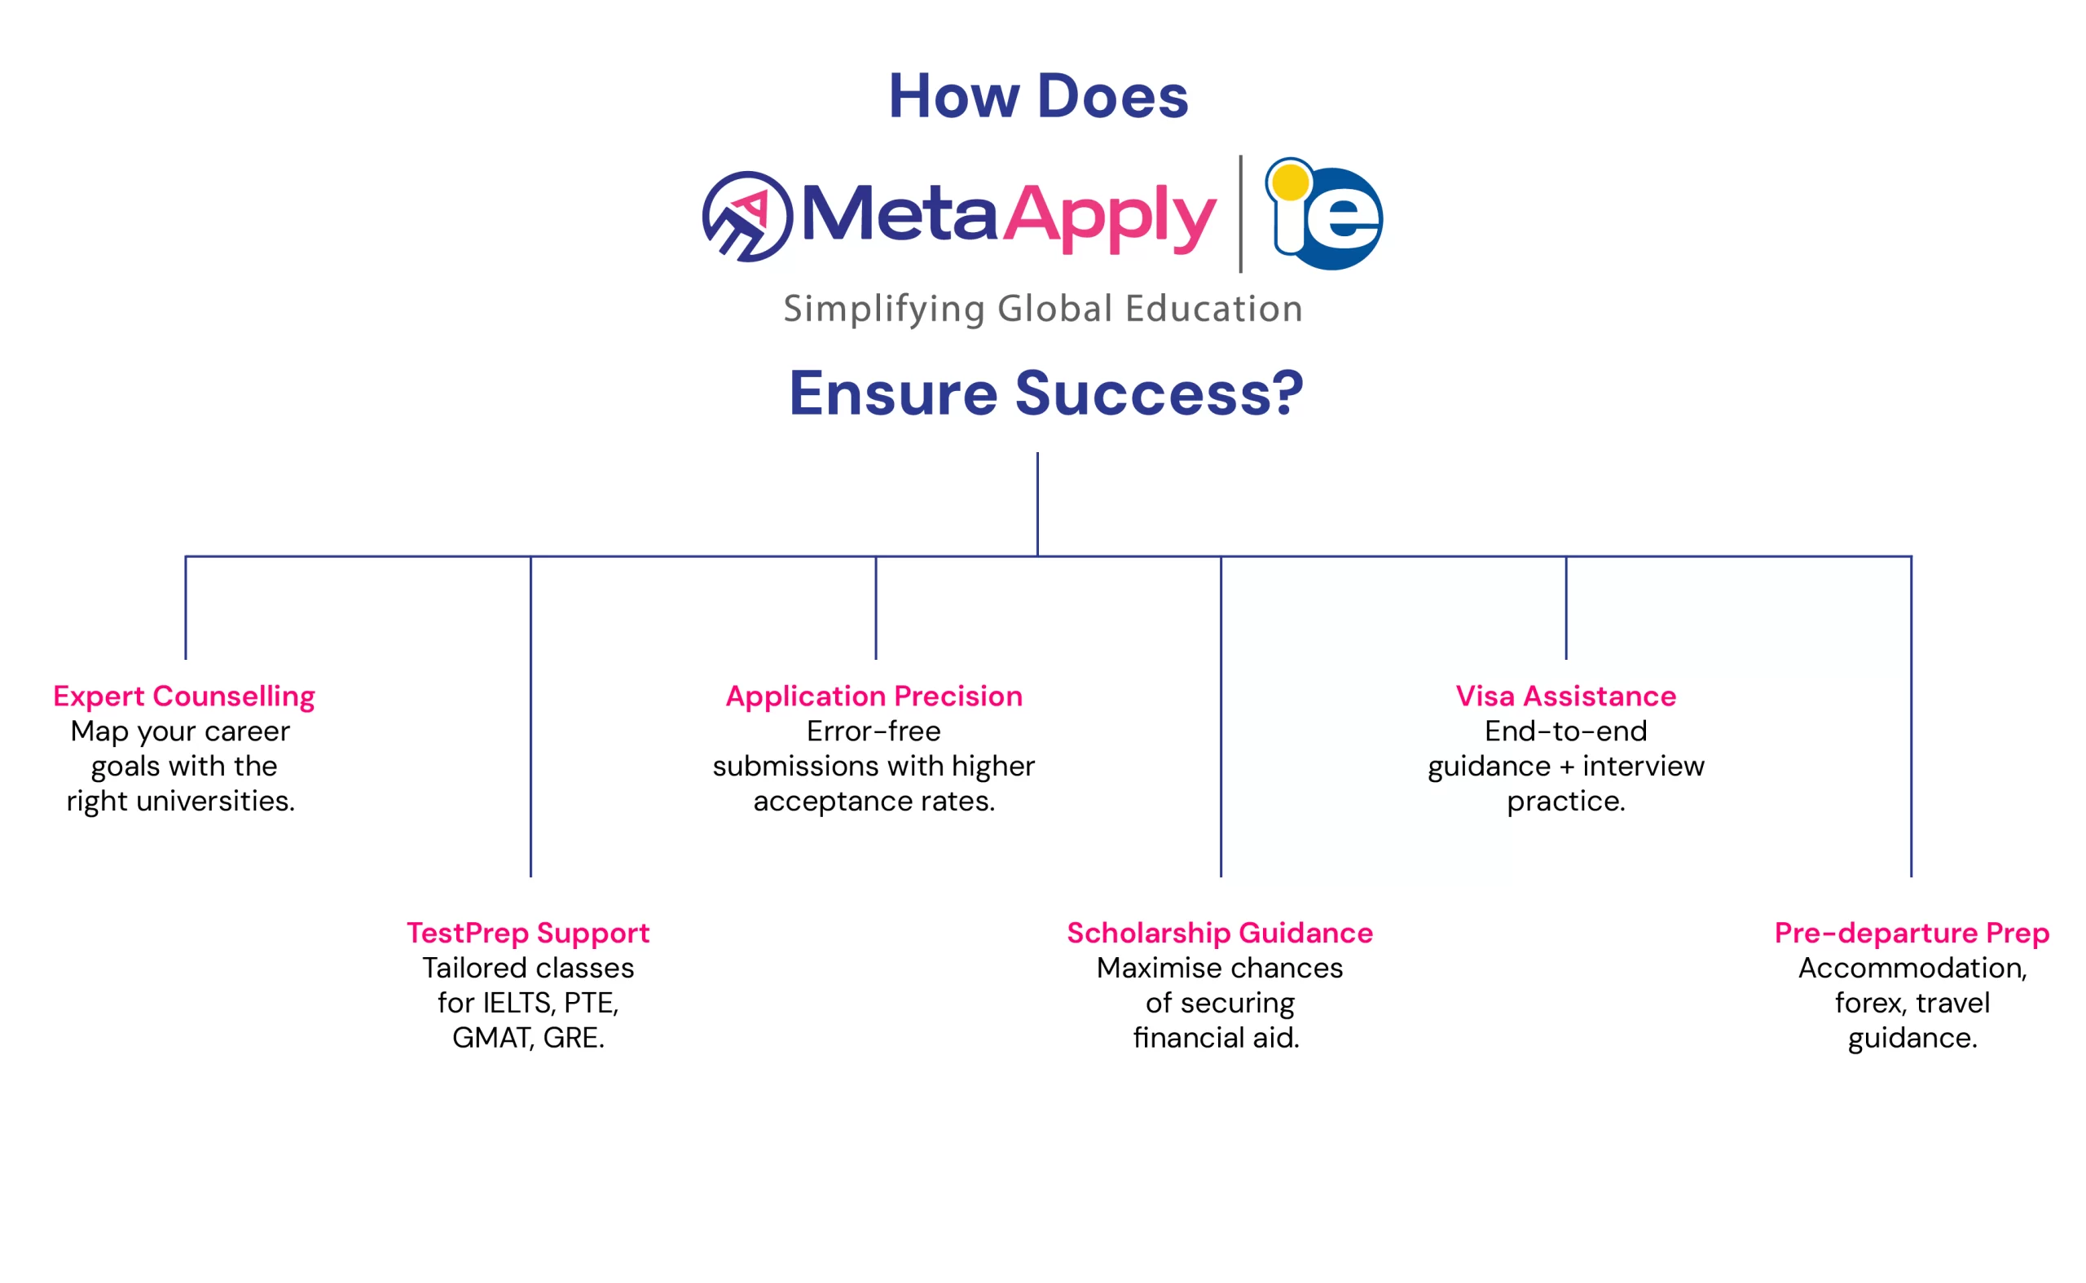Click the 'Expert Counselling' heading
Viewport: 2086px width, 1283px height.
pyautogui.click(x=184, y=696)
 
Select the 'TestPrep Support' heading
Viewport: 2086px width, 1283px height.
pyautogui.click(x=528, y=934)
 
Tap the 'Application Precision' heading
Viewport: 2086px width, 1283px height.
pyautogui.click(x=874, y=696)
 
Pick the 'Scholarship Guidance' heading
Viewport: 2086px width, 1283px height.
pyautogui.click(x=1220, y=934)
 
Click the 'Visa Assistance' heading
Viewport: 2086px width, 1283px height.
pyautogui.click(x=1566, y=696)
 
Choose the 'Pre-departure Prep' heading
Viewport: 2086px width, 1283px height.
pyautogui.click(x=1912, y=934)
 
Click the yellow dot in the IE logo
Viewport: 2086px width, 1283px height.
pyautogui.click(x=1290, y=182)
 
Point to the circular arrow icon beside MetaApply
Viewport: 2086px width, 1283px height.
pyautogui.click(x=747, y=217)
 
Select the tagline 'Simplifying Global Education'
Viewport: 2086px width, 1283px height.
pyautogui.click(x=1042, y=309)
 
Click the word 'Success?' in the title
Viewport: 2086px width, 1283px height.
pyautogui.click(x=1160, y=394)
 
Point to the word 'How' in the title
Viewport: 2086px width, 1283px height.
pyautogui.click(x=954, y=96)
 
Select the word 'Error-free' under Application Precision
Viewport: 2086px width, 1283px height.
pyautogui.click(x=874, y=732)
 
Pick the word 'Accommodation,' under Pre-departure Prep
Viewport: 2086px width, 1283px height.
pyautogui.click(x=1912, y=969)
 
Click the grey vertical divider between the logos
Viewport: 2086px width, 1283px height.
pyautogui.click(x=1241, y=213)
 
